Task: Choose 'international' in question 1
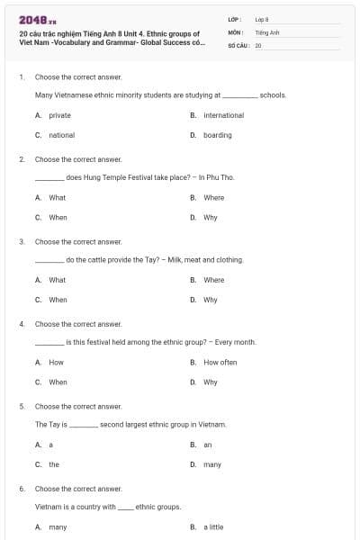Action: click(223, 115)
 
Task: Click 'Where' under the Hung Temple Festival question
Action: click(213, 197)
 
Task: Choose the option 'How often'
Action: click(220, 362)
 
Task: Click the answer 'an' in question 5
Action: click(208, 445)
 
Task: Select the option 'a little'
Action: click(213, 526)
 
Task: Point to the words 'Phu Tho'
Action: click(221, 177)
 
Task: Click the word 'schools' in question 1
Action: click(273, 94)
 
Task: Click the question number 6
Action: click(21, 489)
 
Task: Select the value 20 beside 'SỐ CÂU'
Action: click(258, 43)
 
